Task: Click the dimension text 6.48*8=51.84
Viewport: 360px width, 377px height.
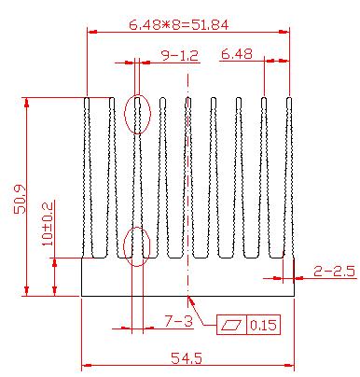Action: coord(179,24)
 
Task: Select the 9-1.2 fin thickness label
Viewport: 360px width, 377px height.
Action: coord(180,56)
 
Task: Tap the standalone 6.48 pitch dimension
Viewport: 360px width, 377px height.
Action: coord(237,54)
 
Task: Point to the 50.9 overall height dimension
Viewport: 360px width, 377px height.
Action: coord(20,200)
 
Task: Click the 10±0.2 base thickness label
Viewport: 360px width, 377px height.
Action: coord(48,223)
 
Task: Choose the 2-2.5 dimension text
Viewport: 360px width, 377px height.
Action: coord(334,272)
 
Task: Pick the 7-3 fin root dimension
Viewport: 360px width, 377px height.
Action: coord(178,321)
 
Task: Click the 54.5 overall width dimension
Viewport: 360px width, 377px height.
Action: coord(187,358)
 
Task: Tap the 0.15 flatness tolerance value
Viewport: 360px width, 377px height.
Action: coord(263,326)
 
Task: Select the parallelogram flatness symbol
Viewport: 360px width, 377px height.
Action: coord(231,326)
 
